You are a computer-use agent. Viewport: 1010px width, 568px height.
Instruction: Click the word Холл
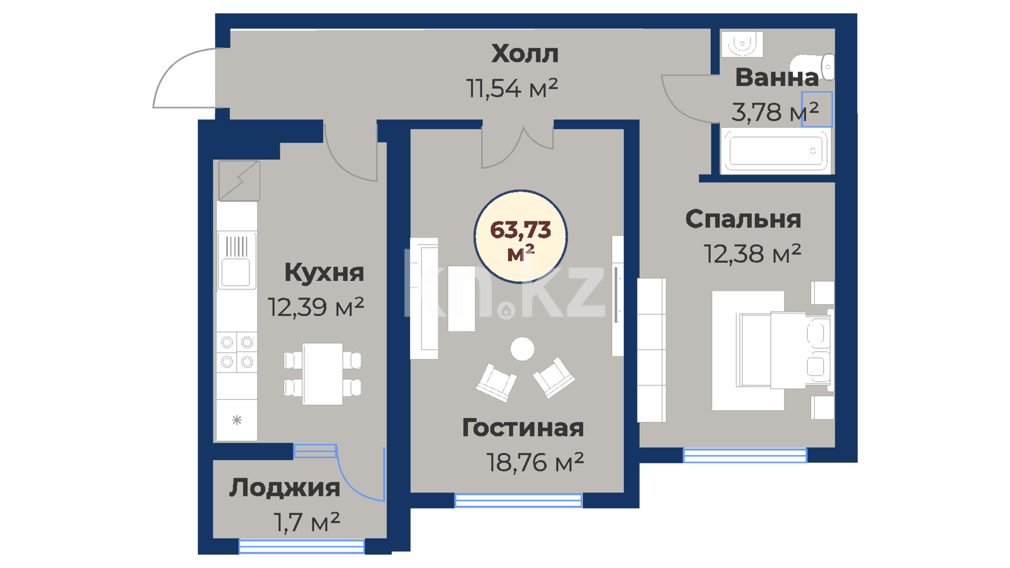pos(524,54)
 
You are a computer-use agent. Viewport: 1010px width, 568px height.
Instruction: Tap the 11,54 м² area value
pos(512,88)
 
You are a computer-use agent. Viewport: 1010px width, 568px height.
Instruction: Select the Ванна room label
pos(776,77)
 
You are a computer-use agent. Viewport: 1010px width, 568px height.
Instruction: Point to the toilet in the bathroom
pos(813,67)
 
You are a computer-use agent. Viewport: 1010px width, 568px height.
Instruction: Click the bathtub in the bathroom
pos(776,151)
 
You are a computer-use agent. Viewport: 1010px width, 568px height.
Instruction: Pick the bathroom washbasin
pos(742,44)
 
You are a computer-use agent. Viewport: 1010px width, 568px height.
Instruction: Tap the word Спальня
pos(743,219)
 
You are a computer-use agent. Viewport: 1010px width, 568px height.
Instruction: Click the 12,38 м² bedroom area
pos(752,253)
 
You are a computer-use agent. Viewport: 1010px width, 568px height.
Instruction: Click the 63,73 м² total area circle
pos(521,237)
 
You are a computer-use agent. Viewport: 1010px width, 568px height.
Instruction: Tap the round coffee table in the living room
pos(522,349)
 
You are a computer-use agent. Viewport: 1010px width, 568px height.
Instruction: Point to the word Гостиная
pos(523,428)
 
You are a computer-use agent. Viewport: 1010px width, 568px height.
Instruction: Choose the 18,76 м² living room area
pos(535,462)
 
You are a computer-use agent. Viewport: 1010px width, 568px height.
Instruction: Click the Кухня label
pos(324,272)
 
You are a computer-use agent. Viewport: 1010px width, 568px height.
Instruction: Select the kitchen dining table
pos(322,374)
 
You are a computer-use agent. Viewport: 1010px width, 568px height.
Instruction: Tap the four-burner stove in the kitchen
pos(237,352)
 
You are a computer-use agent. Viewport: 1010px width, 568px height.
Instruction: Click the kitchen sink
pos(236,261)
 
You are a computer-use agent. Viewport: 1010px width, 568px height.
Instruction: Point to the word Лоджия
pos(285,488)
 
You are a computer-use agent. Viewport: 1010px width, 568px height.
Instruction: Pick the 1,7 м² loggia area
pos(307,522)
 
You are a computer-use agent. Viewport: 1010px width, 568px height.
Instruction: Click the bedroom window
pos(745,455)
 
